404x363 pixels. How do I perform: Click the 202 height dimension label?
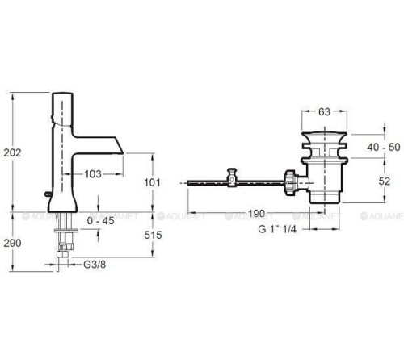pyautogui.click(x=12, y=152)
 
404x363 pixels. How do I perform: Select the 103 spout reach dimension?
pyautogui.click(x=93, y=174)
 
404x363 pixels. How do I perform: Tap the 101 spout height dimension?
pyautogui.click(x=152, y=182)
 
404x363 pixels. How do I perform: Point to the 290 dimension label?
pyautogui.click(x=12, y=243)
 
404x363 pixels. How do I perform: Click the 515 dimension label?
pyautogui.click(x=153, y=235)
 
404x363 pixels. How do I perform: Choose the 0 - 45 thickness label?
pyautogui.click(x=101, y=221)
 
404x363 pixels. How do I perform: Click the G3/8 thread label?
pyautogui.click(x=95, y=265)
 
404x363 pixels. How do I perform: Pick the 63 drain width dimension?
pyautogui.click(x=324, y=112)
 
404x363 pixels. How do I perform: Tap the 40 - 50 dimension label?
pyautogui.click(x=384, y=148)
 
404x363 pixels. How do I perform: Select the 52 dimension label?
pyautogui.click(x=385, y=181)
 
